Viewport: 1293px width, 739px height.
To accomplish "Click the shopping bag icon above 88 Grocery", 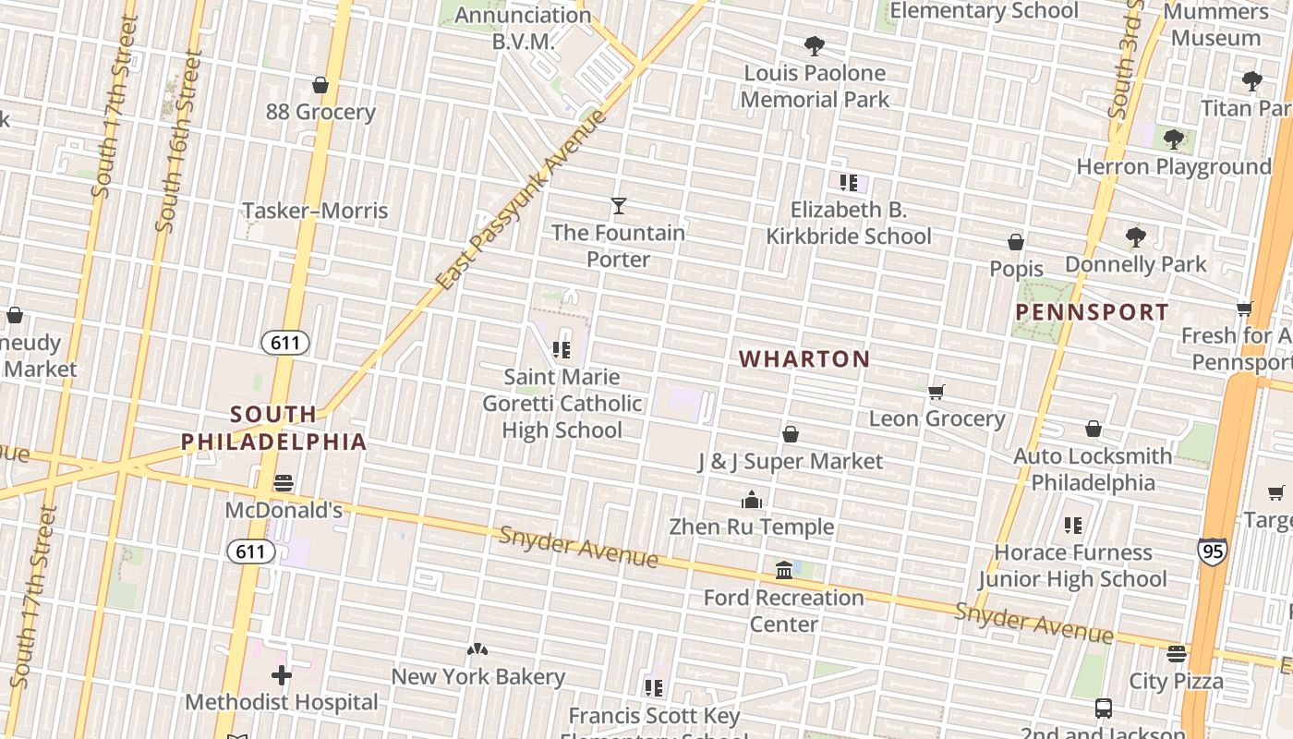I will pos(320,86).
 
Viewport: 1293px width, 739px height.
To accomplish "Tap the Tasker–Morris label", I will pos(315,211).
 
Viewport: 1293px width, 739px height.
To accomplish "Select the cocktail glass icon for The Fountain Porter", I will pos(619,206).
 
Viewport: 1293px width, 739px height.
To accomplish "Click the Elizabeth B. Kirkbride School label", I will pos(848,223).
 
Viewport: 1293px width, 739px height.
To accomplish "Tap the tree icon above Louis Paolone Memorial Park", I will pos(814,46).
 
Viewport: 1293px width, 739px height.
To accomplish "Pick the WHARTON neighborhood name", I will pos(804,359).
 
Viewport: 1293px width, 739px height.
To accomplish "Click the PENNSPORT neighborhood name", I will pos(1092,312).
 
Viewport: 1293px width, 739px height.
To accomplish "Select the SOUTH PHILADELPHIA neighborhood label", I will pos(273,428).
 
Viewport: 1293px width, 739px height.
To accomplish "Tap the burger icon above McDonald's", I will pos(284,483).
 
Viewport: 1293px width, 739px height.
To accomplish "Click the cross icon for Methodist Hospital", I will pos(282,675).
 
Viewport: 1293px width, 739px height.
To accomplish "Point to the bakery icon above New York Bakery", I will pos(477,649).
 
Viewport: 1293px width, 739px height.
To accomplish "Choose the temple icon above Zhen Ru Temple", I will pos(752,500).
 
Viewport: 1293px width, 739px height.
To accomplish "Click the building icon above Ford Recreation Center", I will pos(784,570).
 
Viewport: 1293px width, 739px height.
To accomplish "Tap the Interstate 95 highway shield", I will pos(1213,551).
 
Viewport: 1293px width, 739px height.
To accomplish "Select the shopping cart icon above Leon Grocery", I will pos(937,392).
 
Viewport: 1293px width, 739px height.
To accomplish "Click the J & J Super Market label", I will pos(790,461).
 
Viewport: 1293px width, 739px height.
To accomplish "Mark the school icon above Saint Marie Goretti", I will pos(562,350).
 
